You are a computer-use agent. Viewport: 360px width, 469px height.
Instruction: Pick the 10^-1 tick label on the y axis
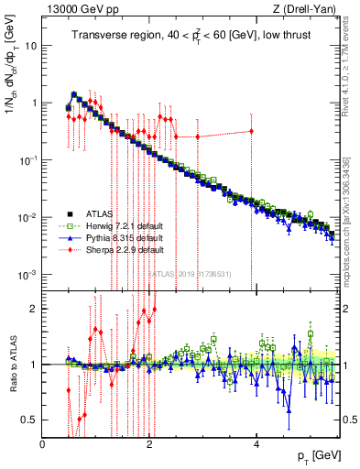click(27, 160)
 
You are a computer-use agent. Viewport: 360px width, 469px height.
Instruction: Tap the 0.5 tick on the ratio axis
click(29, 420)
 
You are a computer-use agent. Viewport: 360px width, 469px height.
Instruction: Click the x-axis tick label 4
click(257, 443)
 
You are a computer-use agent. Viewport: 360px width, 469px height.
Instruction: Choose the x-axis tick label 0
click(43, 443)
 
